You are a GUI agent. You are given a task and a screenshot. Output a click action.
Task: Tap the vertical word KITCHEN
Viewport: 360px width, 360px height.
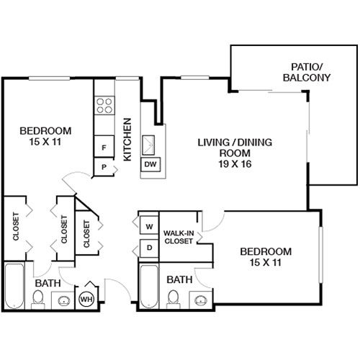[127, 138]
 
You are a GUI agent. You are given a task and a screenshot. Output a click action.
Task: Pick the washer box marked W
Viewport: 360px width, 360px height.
[149, 226]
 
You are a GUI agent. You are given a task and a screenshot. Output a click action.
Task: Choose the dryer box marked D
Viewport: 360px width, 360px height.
[149, 248]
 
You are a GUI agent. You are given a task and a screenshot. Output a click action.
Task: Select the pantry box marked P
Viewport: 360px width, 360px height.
[104, 167]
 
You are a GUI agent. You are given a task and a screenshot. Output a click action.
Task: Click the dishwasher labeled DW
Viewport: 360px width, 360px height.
[151, 165]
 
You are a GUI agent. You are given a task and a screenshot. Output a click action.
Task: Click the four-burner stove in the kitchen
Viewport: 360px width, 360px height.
[105, 105]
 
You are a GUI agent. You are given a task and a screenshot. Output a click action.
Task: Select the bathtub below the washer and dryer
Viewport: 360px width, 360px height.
[149, 284]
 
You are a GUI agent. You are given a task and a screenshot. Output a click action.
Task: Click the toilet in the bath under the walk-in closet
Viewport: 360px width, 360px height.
[173, 299]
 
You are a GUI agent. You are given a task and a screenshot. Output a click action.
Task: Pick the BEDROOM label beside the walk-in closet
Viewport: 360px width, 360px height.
[266, 251]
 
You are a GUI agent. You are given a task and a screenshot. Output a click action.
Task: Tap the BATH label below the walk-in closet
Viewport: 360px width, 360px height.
[179, 279]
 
